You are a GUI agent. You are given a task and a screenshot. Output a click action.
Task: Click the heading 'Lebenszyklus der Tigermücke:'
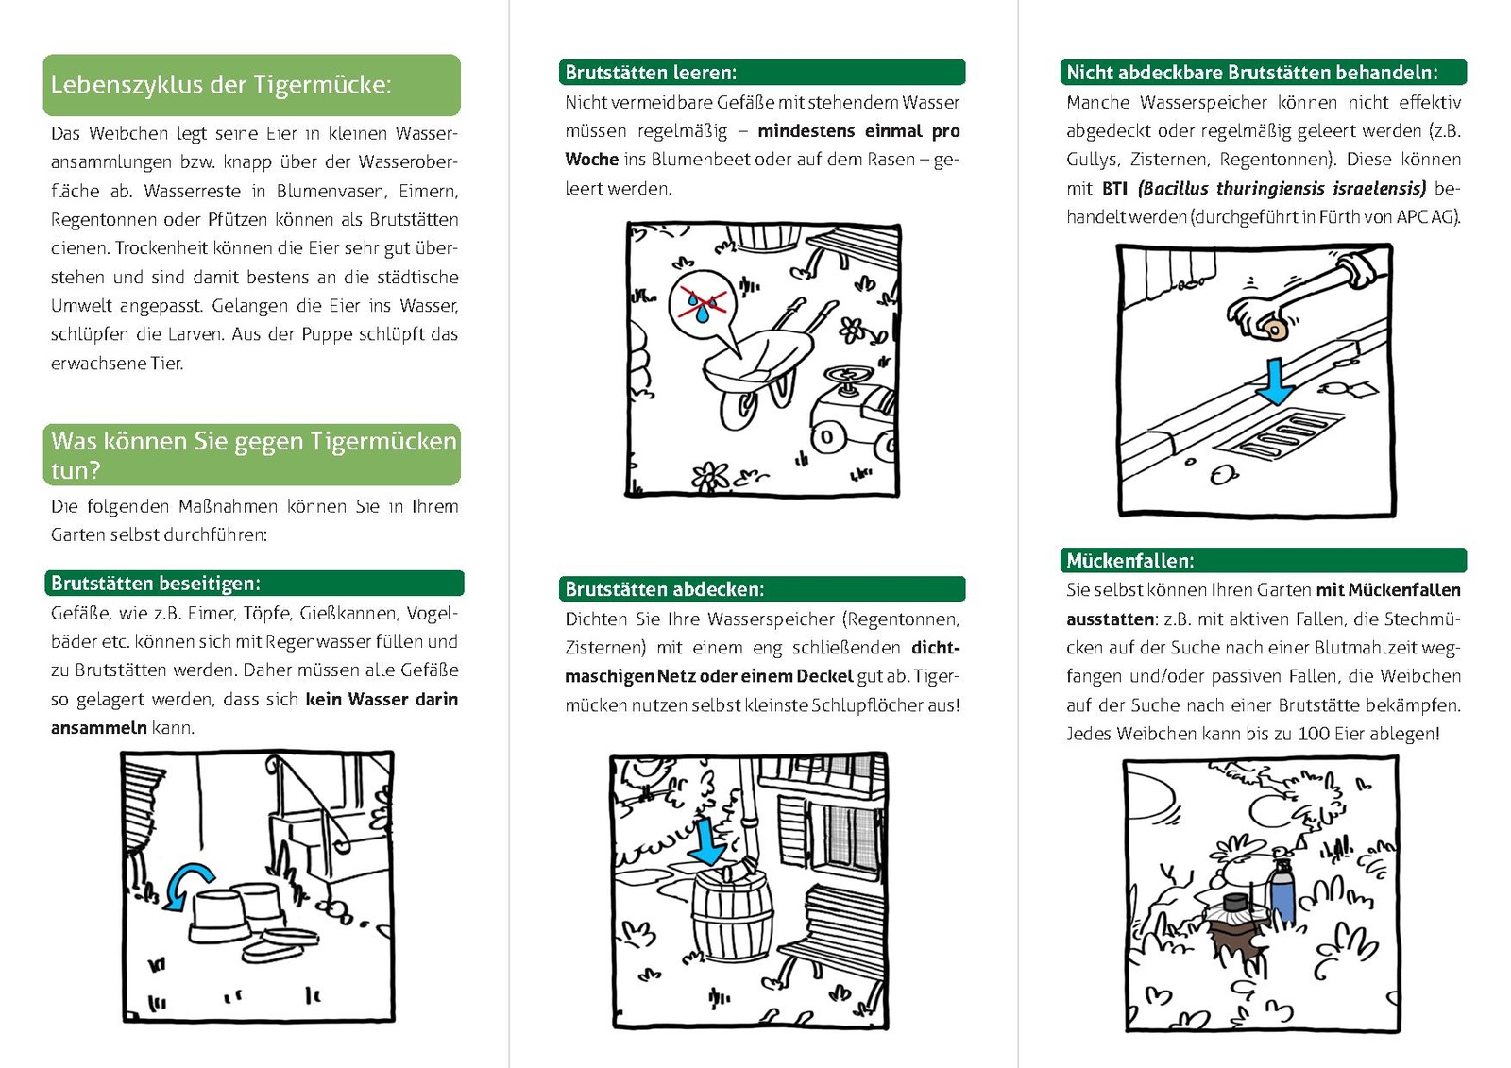(x=220, y=85)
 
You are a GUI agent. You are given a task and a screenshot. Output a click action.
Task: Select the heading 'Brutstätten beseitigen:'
(x=156, y=583)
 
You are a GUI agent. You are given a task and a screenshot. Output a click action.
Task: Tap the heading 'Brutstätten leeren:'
(x=651, y=73)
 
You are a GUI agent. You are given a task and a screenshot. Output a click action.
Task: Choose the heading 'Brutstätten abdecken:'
(x=665, y=589)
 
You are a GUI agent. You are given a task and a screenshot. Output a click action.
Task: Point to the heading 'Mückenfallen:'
(x=1130, y=561)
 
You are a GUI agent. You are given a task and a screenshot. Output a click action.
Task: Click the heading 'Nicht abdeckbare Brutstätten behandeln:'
(x=1252, y=73)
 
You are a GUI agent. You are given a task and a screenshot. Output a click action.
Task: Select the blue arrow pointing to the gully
(x=1276, y=381)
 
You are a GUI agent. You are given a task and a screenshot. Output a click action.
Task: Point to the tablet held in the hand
(x=1274, y=329)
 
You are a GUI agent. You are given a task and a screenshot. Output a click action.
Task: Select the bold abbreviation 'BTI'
(x=1115, y=189)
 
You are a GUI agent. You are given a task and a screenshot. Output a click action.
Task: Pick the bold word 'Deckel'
(x=824, y=677)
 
